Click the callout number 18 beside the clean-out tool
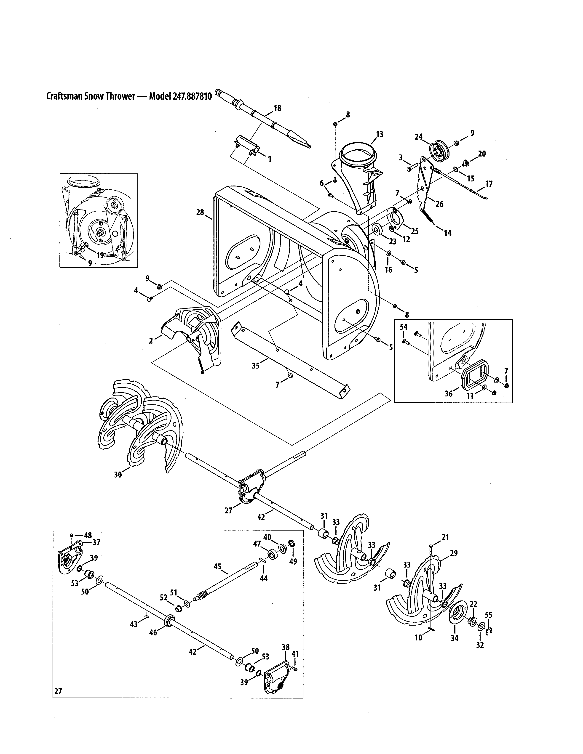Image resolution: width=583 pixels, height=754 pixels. pyautogui.click(x=277, y=108)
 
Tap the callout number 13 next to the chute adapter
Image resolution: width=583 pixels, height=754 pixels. pyautogui.click(x=380, y=134)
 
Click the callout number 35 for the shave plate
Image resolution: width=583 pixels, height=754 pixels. pyautogui.click(x=256, y=366)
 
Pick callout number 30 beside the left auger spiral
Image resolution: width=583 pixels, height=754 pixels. pyautogui.click(x=118, y=475)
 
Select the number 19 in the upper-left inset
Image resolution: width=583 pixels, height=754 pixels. pyautogui.click(x=100, y=255)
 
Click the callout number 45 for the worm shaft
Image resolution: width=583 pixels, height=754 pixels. pyautogui.click(x=217, y=567)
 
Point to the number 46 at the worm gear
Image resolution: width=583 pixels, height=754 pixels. pyautogui.click(x=153, y=632)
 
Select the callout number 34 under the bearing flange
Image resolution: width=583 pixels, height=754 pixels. pyautogui.click(x=455, y=639)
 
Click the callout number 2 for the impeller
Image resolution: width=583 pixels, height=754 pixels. pyautogui.click(x=151, y=341)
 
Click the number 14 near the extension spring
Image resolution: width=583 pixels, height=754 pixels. pyautogui.click(x=448, y=233)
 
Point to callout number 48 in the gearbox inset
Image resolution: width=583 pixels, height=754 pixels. pyautogui.click(x=88, y=536)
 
